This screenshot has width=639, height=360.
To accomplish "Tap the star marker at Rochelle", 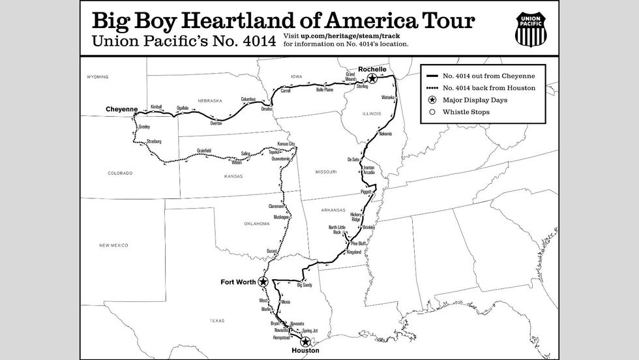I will pos(372,78).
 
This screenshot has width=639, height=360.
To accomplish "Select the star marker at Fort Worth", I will pos(263,282).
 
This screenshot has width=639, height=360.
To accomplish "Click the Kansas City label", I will pos(291,144).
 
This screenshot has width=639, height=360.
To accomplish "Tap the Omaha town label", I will pos(266,109).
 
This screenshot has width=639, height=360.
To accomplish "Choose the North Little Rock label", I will pos(336,230).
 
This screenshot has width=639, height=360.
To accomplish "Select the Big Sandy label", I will pos(305,286).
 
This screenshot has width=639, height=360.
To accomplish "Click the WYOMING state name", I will pos(97,77).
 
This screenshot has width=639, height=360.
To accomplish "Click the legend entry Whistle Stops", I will pos(466,112).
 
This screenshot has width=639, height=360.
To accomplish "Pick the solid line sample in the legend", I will pos(431,75).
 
